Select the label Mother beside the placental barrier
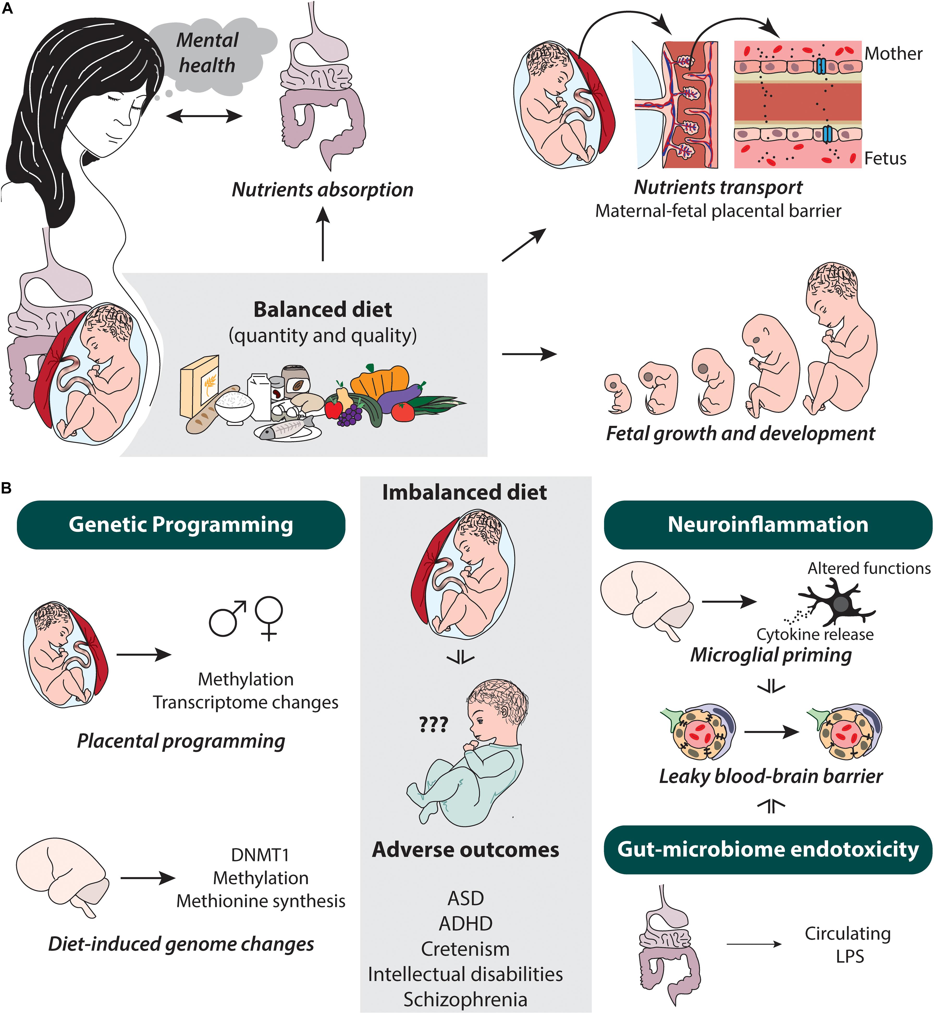click(x=893, y=54)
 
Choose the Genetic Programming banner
click(x=181, y=524)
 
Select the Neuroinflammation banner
click(x=768, y=524)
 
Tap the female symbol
click(x=269, y=618)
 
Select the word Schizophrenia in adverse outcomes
click(x=465, y=999)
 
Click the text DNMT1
click(x=260, y=855)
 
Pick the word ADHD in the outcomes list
click(x=465, y=924)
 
